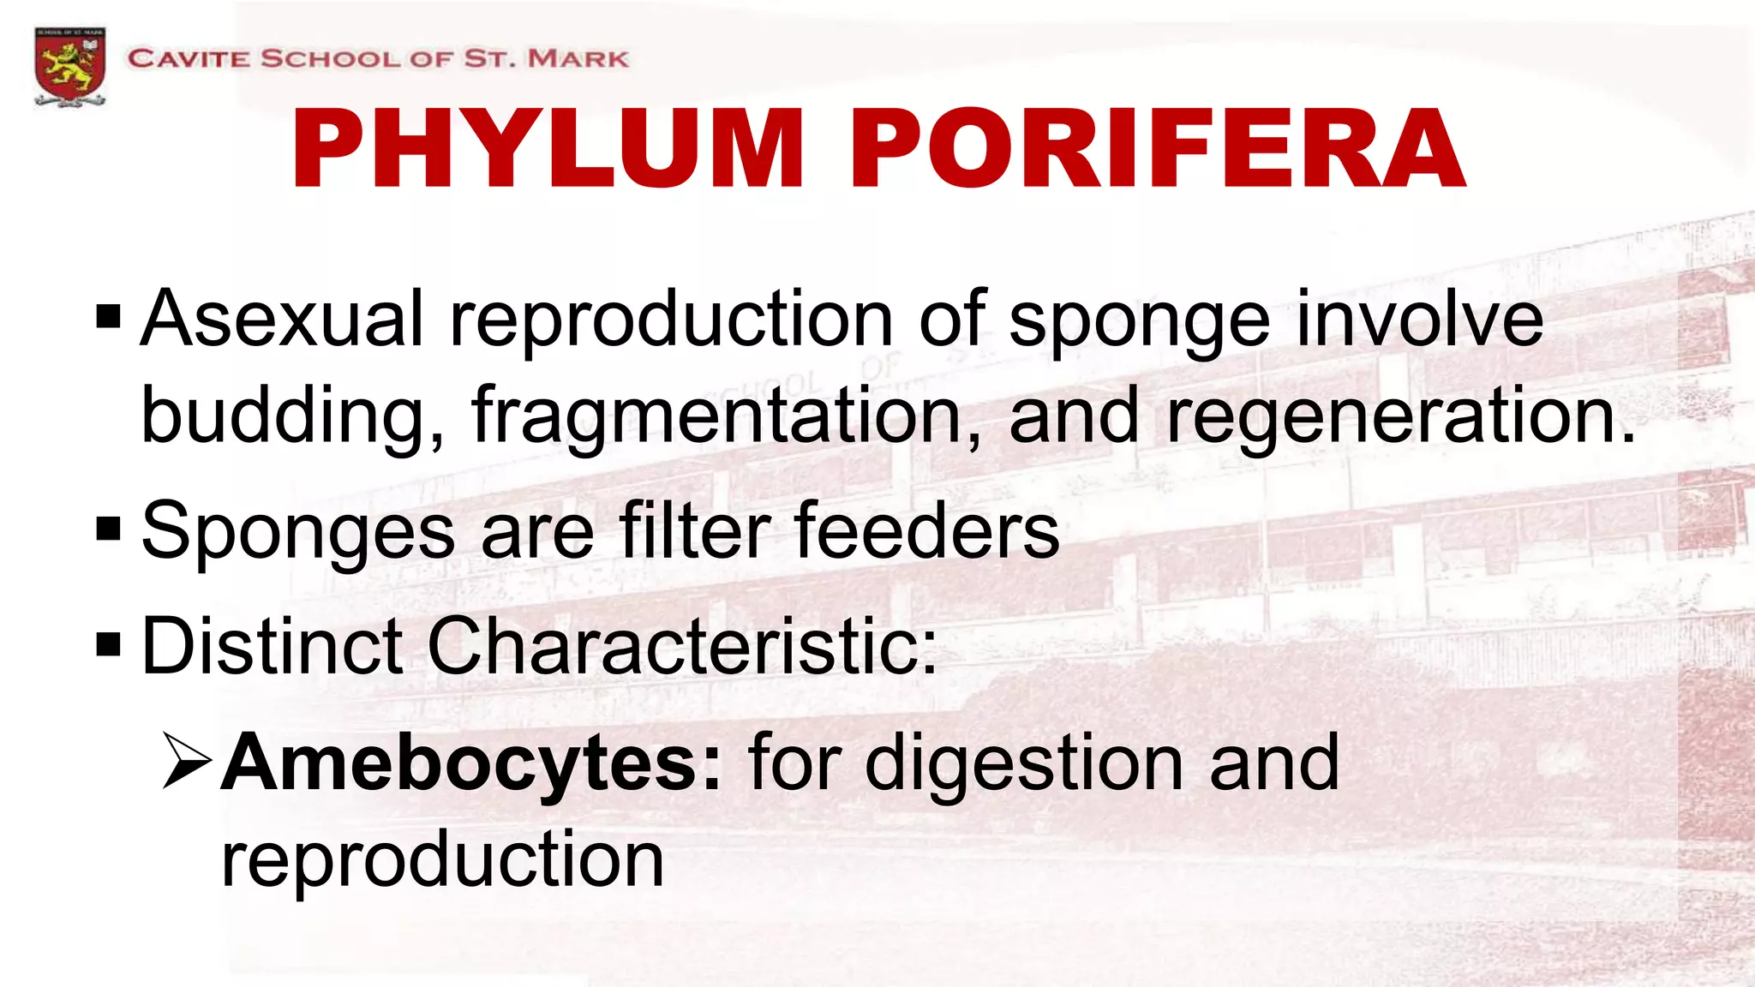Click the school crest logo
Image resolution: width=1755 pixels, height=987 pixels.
[x=70, y=67]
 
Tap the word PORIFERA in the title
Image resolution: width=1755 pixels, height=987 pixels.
[x=1157, y=149]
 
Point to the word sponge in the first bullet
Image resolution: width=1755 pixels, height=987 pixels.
[x=1139, y=322]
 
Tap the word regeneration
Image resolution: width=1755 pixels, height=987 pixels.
[x=1400, y=416]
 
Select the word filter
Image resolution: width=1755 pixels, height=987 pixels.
[x=695, y=531]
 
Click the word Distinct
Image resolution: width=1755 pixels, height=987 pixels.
[x=272, y=646]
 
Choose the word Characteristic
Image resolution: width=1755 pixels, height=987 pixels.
[x=681, y=646]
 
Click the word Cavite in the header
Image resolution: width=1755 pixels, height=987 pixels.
[x=189, y=59]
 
